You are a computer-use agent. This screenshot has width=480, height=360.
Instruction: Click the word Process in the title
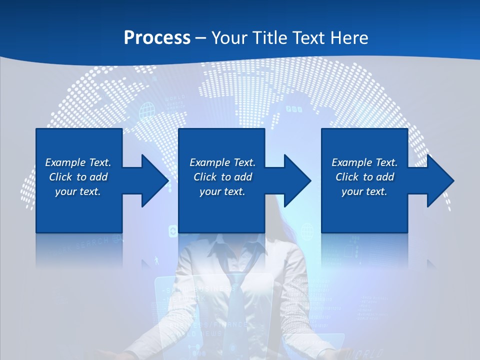[x=157, y=38]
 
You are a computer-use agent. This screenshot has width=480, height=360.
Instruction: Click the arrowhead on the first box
[x=153, y=180]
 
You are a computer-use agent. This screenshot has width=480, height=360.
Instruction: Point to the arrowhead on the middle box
[x=295, y=180]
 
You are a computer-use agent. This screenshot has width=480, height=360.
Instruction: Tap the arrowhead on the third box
[x=438, y=180]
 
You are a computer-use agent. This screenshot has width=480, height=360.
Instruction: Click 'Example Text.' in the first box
[x=78, y=162]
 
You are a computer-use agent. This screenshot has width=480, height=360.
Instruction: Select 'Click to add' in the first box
[x=78, y=177]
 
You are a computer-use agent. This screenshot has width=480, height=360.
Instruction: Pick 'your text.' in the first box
[x=78, y=191]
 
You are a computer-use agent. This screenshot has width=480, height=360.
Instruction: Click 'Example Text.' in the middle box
[x=222, y=162]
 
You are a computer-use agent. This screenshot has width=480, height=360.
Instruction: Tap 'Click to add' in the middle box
[x=222, y=177]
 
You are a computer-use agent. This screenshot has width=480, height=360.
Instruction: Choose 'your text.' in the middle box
[x=222, y=191]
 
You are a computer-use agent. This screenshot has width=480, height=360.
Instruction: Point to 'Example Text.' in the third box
[x=364, y=162]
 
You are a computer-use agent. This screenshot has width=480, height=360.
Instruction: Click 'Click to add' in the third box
[x=364, y=177]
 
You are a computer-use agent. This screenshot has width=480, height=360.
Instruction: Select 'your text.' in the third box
[x=364, y=191]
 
